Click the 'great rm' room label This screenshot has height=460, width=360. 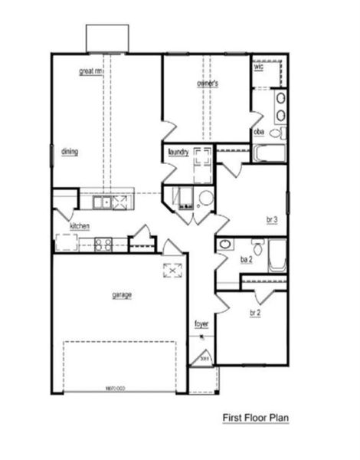coord(90,72)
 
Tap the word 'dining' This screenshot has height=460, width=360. coord(69,151)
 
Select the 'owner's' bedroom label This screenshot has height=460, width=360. coord(208,82)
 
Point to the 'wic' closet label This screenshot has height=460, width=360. coord(258,67)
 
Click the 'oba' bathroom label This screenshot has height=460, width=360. coord(259,131)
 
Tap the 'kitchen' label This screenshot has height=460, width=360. coord(80,226)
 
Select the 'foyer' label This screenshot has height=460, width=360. coord(201,324)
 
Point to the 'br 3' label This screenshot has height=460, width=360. coord(270,220)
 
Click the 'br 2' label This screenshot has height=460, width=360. coord(255,313)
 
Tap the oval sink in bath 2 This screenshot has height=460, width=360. coord(225,246)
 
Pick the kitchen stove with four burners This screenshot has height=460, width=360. coord(103,245)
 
